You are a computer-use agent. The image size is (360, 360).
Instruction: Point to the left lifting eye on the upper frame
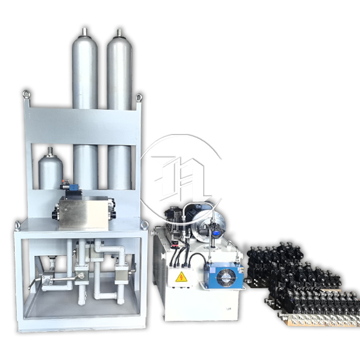click(28, 96)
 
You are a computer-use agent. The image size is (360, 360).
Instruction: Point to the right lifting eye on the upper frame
click(138, 97)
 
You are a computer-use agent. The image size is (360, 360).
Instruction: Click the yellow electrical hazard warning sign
click(182, 277)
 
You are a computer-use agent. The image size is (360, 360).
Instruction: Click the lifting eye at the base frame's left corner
click(17, 224)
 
